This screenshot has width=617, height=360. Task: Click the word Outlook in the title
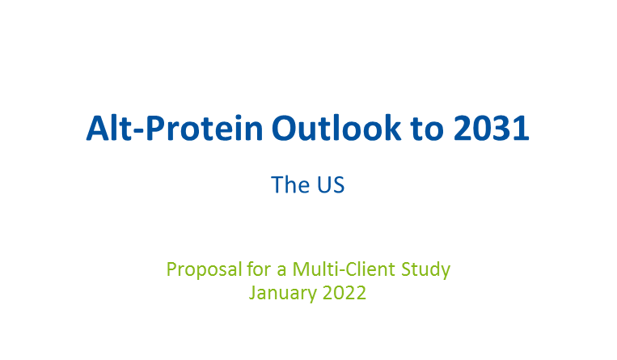pyautogui.click(x=336, y=128)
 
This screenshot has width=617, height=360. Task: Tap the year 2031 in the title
pyautogui.click(x=491, y=128)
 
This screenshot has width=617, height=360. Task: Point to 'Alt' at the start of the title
pyautogui.click(x=109, y=128)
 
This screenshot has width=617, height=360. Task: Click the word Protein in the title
pyautogui.click(x=205, y=129)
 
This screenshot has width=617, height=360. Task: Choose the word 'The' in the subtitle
pyautogui.click(x=290, y=184)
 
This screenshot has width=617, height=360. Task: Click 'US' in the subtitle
pyautogui.click(x=331, y=184)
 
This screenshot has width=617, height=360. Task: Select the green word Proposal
pyautogui.click(x=205, y=270)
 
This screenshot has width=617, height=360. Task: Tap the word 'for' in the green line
pyautogui.click(x=260, y=269)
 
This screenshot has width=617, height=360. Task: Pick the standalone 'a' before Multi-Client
pyautogui.click(x=281, y=271)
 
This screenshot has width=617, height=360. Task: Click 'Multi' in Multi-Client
pyautogui.click(x=315, y=269)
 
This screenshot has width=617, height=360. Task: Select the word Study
pyautogui.click(x=426, y=270)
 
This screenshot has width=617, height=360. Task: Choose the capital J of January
pyautogui.click(x=253, y=293)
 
